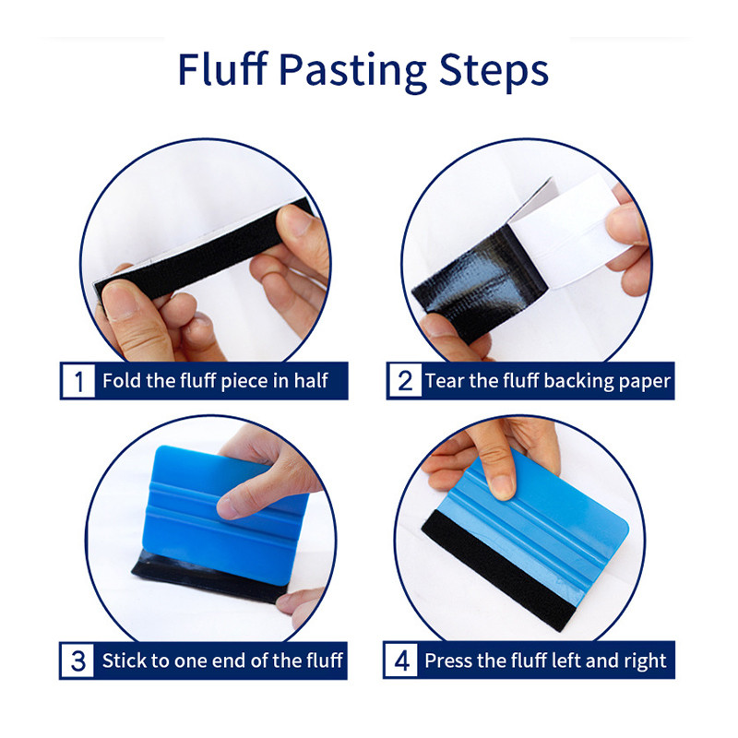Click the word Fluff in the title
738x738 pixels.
222,68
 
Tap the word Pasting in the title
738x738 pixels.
352,72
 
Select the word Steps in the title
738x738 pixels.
494,72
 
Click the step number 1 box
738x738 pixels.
78,381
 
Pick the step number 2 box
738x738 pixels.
405,381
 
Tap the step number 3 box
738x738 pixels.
77,661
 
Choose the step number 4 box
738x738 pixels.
401,660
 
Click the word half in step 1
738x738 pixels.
311,380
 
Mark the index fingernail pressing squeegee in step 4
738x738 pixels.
502,487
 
